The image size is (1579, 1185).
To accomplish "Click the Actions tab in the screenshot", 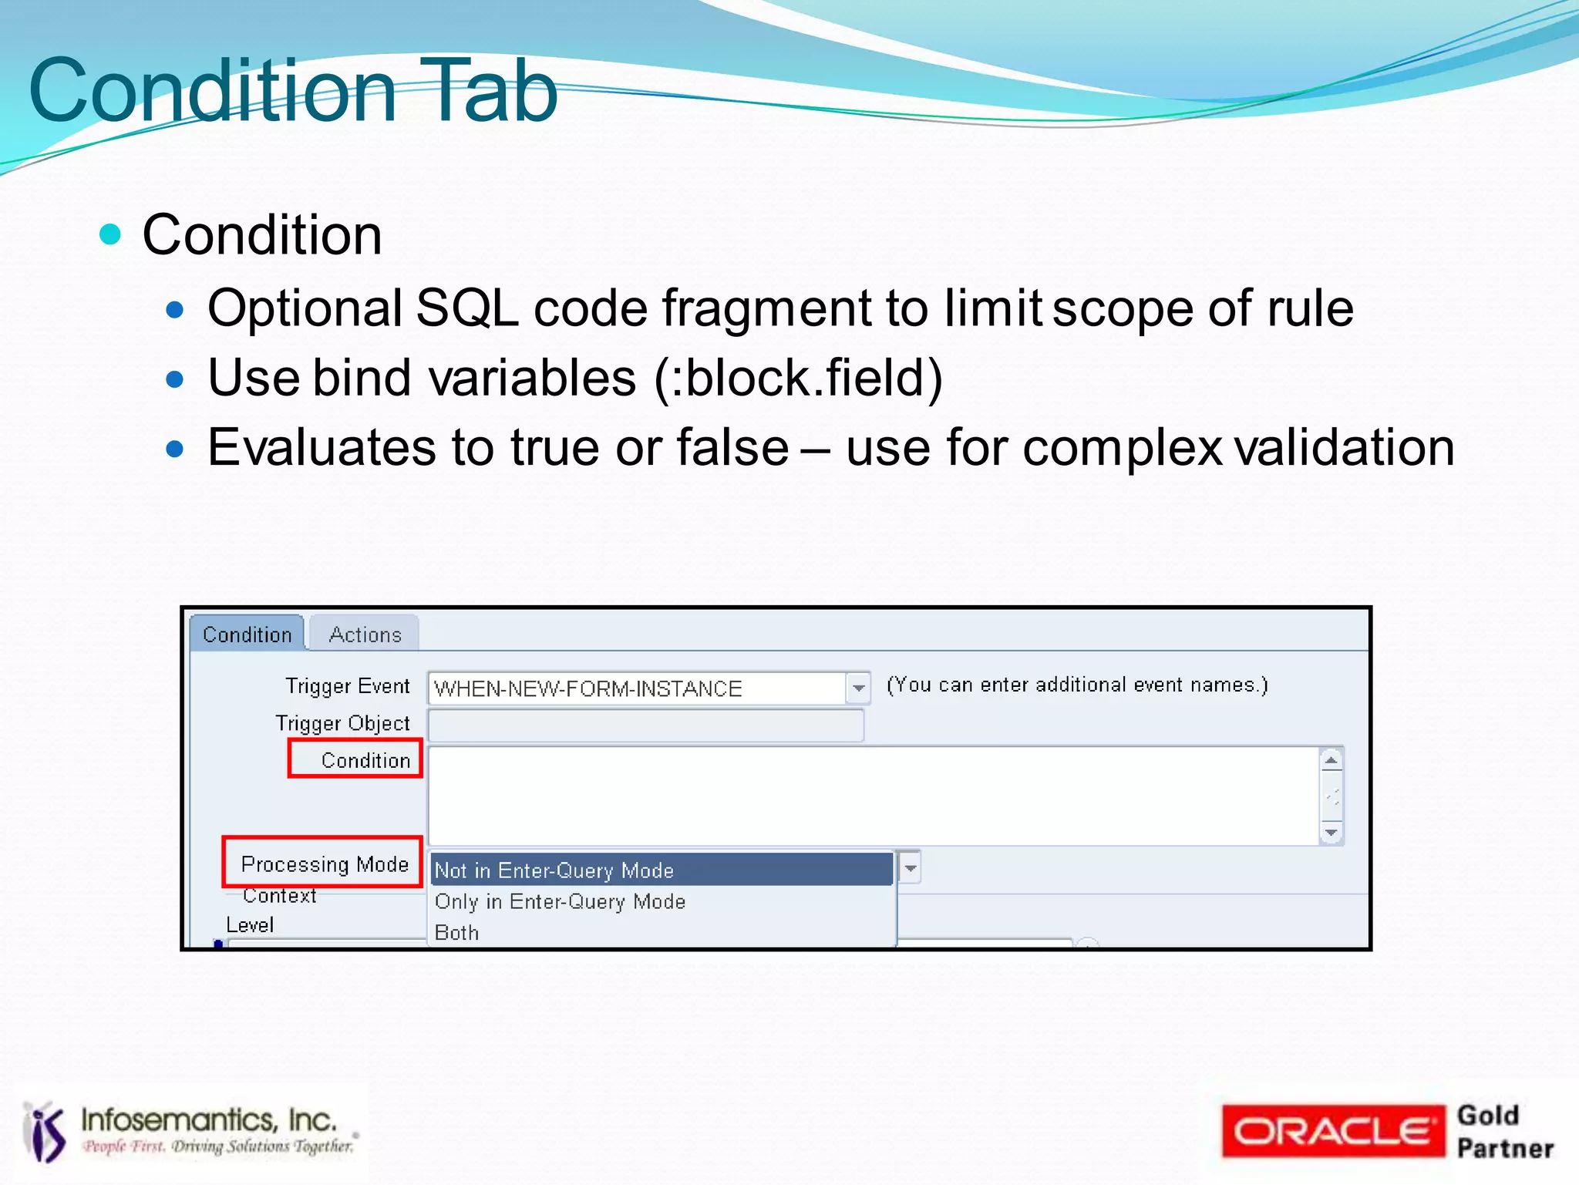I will tap(365, 635).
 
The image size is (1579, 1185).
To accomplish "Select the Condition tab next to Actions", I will tap(247, 635).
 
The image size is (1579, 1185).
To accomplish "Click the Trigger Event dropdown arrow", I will tap(858, 688).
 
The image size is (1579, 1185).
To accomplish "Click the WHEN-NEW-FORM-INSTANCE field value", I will tap(587, 688).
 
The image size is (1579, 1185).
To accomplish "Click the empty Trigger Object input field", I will tap(645, 725).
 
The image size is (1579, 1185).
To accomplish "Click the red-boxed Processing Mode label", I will tap(324, 864).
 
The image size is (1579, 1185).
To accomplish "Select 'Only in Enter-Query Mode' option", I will tap(560, 901).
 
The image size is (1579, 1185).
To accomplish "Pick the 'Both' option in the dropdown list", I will tap(457, 933).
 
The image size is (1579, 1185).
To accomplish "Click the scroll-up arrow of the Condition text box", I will tap(1332, 760).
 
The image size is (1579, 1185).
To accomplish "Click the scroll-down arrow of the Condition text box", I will tap(1332, 833).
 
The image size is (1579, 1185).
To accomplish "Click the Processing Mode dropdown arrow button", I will tap(911, 868).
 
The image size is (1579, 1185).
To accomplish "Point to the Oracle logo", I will tap(1332, 1131).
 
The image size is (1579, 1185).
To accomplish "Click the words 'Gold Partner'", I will tap(1503, 1131).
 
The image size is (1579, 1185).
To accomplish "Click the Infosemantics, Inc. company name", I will tap(209, 1119).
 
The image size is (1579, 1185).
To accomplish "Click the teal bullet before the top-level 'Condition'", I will tap(111, 234).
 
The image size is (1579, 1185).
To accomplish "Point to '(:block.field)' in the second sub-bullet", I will tap(799, 378).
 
